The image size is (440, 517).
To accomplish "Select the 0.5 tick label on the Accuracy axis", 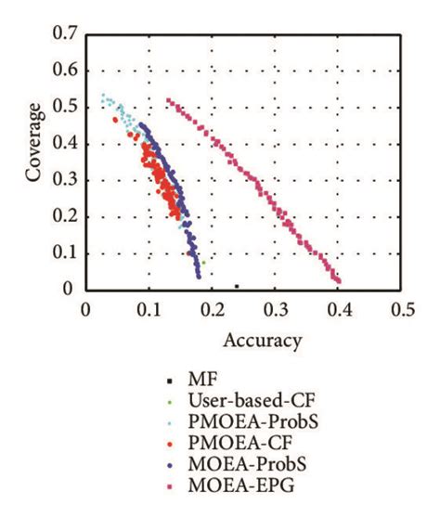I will coord(402,307).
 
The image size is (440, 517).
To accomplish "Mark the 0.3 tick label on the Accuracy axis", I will coord(276,307).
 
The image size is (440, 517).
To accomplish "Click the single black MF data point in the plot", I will coord(237,286).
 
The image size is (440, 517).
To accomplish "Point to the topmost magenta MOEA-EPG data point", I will coord(168,100).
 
